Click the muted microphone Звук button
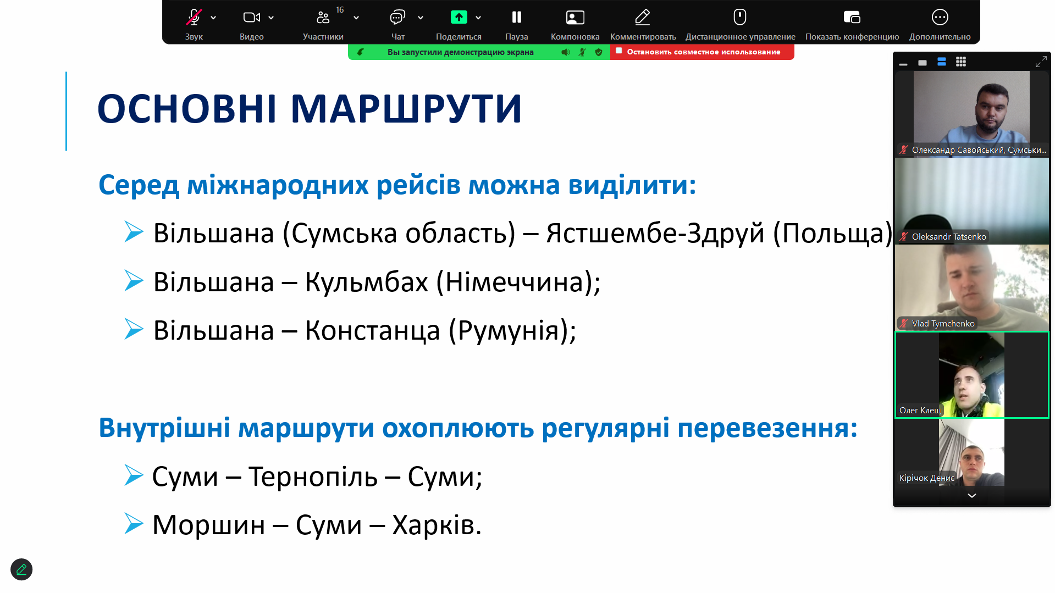(x=194, y=18)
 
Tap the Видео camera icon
(x=251, y=18)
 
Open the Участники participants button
(x=323, y=18)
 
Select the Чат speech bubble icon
(x=397, y=18)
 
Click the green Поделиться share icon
(x=459, y=18)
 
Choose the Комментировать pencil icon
(x=643, y=18)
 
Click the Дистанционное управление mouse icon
(x=740, y=17)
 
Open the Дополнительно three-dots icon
(x=940, y=18)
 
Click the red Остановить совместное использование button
(x=702, y=52)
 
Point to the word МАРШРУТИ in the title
(x=406, y=109)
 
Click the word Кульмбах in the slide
(x=366, y=282)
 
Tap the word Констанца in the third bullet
(x=372, y=331)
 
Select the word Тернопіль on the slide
(x=313, y=477)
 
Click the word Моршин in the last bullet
(x=208, y=525)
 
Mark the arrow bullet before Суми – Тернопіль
(x=134, y=475)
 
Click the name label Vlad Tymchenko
(x=943, y=324)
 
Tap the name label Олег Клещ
(x=920, y=411)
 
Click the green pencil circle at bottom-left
(x=21, y=569)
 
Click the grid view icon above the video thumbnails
(x=960, y=62)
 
